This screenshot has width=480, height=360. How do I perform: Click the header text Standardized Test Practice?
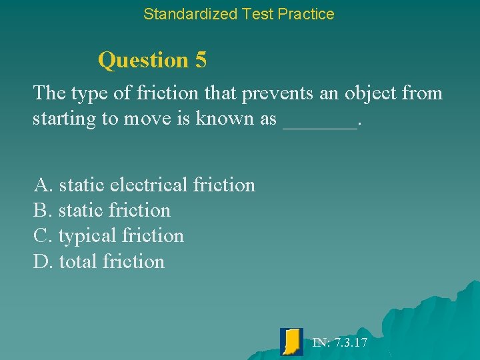(x=239, y=13)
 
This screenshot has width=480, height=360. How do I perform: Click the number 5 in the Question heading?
(x=201, y=60)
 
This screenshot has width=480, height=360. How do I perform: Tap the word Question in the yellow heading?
(x=143, y=60)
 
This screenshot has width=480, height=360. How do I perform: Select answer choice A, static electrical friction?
(x=144, y=185)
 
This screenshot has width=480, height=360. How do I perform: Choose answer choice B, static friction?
(x=101, y=210)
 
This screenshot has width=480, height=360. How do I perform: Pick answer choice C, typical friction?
(x=108, y=235)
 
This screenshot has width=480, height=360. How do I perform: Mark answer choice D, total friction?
(x=99, y=261)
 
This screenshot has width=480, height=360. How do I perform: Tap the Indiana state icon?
(x=291, y=341)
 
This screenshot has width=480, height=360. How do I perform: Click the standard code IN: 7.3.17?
(x=339, y=343)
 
